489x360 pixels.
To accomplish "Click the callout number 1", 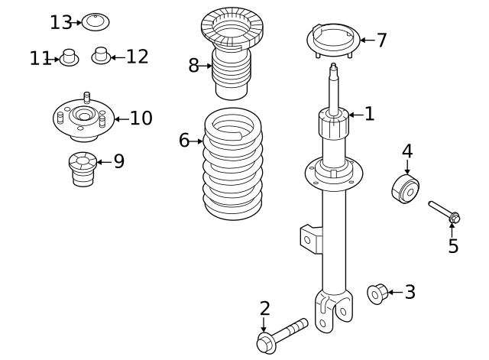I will click(370, 115).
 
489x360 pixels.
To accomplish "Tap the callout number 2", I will click(264, 309).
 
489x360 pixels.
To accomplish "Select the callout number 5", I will click(453, 246).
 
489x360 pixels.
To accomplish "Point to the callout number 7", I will click(381, 41).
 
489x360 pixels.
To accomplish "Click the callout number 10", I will click(141, 118).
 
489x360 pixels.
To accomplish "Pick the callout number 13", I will click(60, 22).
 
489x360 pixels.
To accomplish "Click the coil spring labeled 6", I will click(233, 164).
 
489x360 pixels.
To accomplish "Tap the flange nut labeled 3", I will click(377, 293).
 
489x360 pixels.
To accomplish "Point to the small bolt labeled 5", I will click(444, 212).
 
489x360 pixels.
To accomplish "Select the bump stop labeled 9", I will click(83, 170).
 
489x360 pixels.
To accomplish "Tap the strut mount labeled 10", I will click(83, 119).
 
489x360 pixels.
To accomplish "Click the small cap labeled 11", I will click(70, 58).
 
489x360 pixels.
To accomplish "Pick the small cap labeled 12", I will click(100, 56).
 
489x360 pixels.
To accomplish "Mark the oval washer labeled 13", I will click(95, 22).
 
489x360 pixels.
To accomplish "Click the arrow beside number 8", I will click(206, 66).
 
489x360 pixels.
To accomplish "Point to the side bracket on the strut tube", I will click(310, 238).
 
